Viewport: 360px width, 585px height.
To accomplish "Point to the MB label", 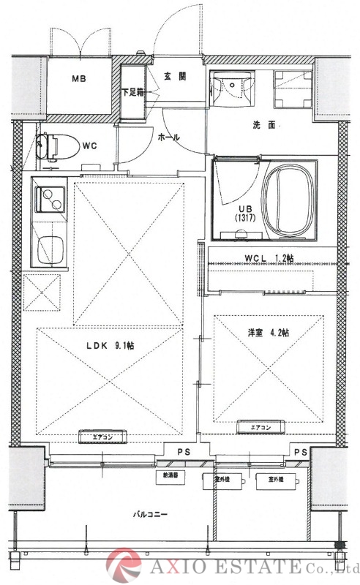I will (x=78, y=78).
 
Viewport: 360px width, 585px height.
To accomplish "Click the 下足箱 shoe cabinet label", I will (x=132, y=92).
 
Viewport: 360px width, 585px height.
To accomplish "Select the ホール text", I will (x=170, y=137).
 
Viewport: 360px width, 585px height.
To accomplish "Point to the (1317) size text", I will (x=244, y=218).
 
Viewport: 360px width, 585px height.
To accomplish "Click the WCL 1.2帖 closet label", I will (x=269, y=257).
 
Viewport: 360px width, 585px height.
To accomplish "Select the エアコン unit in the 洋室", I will (x=260, y=428).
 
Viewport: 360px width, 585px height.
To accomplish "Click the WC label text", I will (x=89, y=146).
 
